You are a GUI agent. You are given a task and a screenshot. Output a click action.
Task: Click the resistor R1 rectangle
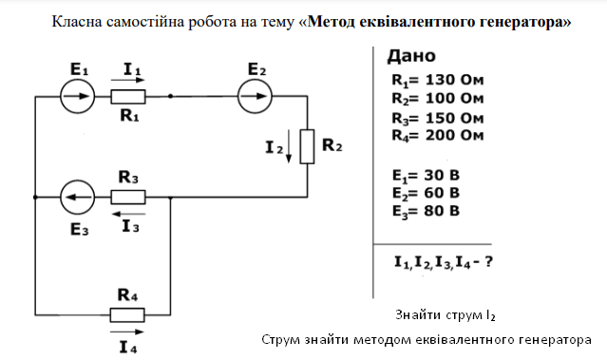click(128, 96)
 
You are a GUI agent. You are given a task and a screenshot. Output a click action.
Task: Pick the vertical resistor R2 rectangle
click(307, 146)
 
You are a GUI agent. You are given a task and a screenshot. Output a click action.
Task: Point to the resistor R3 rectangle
click(128, 198)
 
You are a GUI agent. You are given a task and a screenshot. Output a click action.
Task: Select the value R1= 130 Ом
click(437, 80)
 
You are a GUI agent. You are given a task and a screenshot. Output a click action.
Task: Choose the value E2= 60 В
click(427, 193)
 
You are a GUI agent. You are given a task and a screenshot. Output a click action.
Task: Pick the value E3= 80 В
click(427, 210)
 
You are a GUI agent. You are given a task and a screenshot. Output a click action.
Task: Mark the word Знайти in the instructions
click(419, 313)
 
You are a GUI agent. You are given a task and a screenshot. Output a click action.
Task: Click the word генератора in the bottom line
click(549, 339)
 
